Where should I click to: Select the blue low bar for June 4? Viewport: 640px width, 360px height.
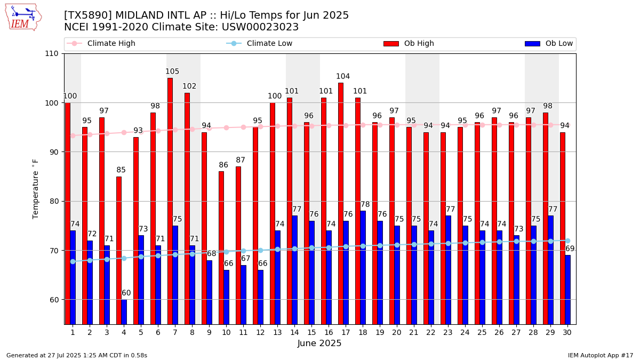point(124,311)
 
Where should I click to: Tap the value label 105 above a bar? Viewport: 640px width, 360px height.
point(172,71)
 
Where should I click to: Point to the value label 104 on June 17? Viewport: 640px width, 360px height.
point(343,76)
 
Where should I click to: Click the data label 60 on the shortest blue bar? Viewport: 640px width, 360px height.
point(126,293)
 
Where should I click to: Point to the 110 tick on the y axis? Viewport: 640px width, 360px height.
point(53,53)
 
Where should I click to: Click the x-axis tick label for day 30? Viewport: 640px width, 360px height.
point(567,332)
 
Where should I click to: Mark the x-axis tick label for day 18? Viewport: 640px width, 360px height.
point(363,332)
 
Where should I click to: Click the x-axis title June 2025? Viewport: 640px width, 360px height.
point(319,343)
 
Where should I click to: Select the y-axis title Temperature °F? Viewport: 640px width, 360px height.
point(36,189)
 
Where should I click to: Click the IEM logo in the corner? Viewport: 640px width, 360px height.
point(23,17)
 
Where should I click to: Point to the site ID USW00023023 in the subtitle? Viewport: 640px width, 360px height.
point(262,27)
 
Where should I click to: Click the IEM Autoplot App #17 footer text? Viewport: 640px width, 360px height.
point(601,355)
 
